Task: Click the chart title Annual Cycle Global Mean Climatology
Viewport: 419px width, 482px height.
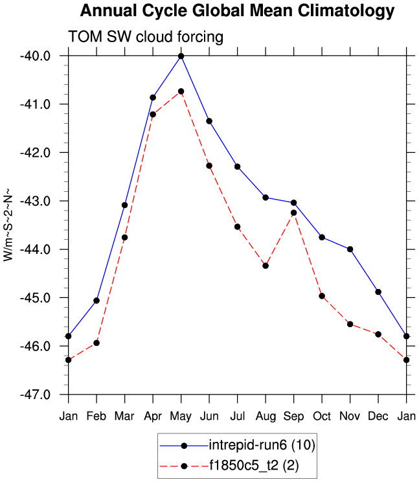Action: (x=237, y=11)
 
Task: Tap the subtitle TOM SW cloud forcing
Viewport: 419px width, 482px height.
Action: (x=146, y=37)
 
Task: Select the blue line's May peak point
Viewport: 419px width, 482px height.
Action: (x=181, y=56)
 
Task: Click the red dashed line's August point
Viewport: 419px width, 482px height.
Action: (x=266, y=266)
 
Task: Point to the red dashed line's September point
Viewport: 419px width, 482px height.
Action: (x=293, y=212)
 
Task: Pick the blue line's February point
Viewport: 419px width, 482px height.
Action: (x=96, y=300)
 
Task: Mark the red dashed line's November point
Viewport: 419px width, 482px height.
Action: (x=350, y=324)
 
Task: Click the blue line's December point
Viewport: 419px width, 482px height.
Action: (x=378, y=292)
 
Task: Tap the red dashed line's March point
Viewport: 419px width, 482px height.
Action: (x=124, y=238)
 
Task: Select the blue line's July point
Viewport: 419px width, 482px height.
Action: (x=237, y=166)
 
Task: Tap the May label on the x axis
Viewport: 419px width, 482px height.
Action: (x=181, y=415)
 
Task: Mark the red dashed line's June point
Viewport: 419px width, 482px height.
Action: (x=209, y=166)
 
